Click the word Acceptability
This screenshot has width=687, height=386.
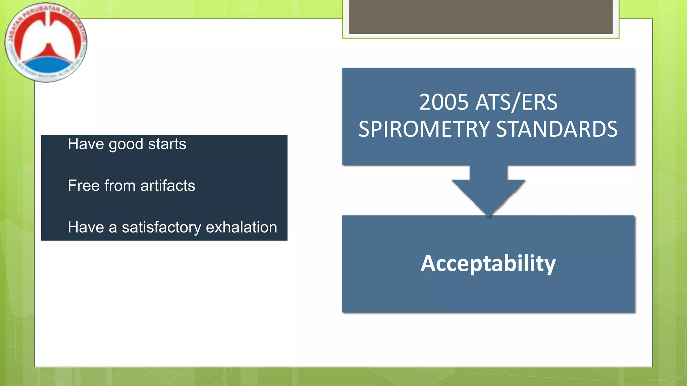(488, 264)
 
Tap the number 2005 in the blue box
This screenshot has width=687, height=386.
(443, 102)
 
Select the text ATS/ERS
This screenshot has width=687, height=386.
(517, 102)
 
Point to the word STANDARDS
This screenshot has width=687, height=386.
(557, 129)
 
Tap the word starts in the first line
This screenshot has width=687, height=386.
(167, 144)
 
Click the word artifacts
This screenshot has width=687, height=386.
(168, 186)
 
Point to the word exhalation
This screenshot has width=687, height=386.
(241, 227)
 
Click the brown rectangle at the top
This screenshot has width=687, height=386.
(481, 17)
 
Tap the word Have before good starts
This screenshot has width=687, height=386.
(86, 144)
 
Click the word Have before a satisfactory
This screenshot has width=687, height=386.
(86, 227)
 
